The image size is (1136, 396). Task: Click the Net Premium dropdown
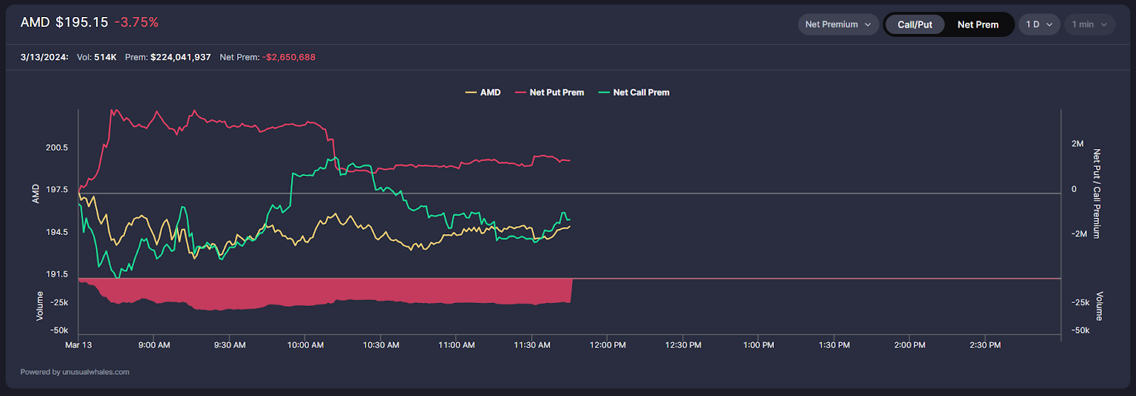(838, 24)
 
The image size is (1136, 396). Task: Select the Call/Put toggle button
(914, 24)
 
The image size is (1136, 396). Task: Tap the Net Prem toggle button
(978, 24)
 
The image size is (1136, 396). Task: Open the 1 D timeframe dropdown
(1039, 24)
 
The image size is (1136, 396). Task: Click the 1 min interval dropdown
(1089, 24)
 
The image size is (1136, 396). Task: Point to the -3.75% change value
(136, 22)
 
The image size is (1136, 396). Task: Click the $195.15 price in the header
(82, 22)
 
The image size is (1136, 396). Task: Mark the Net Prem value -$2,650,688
(289, 57)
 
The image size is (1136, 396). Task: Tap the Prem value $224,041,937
(180, 57)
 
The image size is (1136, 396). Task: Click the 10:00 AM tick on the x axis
(305, 345)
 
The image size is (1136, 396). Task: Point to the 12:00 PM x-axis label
(608, 345)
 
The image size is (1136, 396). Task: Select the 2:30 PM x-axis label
(985, 345)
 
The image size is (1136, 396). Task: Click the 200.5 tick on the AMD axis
(57, 148)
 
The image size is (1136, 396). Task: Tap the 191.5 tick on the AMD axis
(57, 274)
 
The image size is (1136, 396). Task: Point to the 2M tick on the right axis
(1077, 144)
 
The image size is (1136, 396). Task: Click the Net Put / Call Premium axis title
(1097, 193)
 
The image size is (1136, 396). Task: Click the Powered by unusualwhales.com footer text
(75, 372)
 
